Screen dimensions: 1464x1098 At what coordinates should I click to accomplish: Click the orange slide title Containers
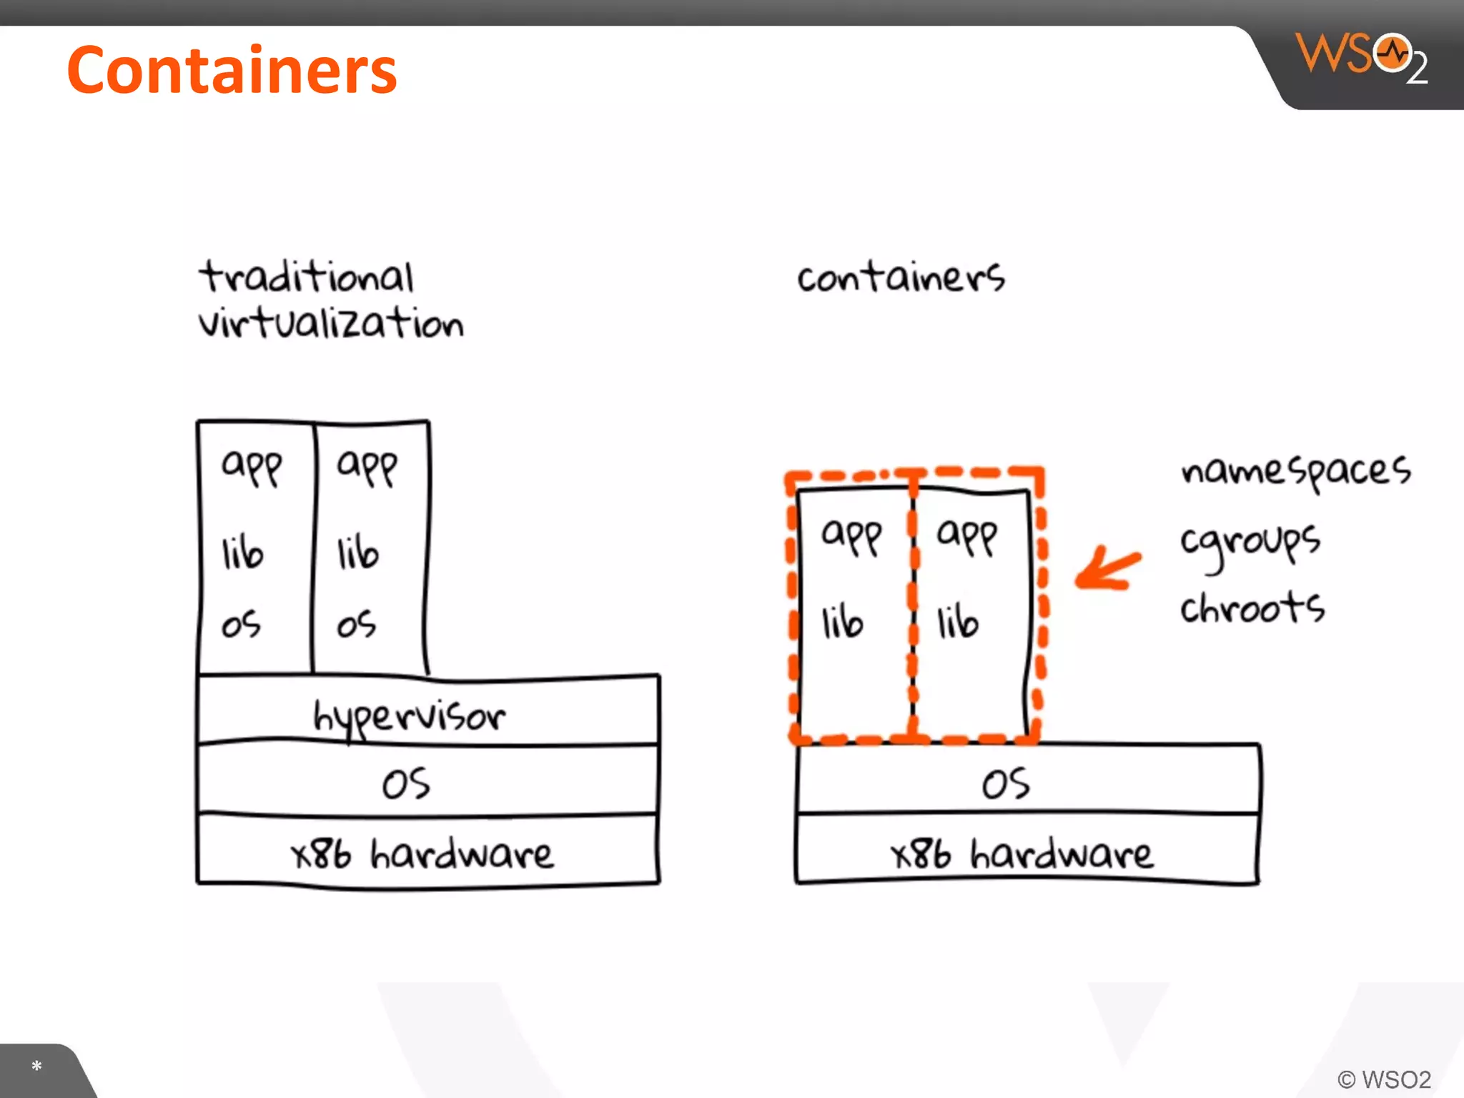(x=232, y=70)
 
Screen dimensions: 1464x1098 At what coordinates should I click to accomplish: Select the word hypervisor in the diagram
(x=409, y=716)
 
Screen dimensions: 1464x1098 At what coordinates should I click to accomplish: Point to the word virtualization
(x=331, y=323)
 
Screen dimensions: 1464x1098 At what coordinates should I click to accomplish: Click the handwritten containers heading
(x=901, y=277)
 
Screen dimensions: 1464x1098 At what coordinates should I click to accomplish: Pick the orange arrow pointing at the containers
(x=1107, y=569)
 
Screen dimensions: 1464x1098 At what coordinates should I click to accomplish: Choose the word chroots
(x=1252, y=608)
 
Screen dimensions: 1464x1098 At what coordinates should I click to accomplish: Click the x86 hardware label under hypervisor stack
(x=422, y=854)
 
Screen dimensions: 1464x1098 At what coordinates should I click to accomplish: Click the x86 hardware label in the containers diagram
(x=1022, y=854)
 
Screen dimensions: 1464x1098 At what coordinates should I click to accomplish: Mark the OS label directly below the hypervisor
(x=406, y=783)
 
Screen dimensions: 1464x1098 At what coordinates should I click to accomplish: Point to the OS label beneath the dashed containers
(x=1006, y=783)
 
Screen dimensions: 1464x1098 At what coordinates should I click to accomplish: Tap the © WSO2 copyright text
(x=1384, y=1079)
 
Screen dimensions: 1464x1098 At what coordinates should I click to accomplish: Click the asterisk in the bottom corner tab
(x=36, y=1067)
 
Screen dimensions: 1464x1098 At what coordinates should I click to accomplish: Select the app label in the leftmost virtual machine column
(x=252, y=467)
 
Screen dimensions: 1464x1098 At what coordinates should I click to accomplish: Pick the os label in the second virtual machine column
(x=356, y=624)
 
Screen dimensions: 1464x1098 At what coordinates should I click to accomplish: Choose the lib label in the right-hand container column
(x=957, y=621)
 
